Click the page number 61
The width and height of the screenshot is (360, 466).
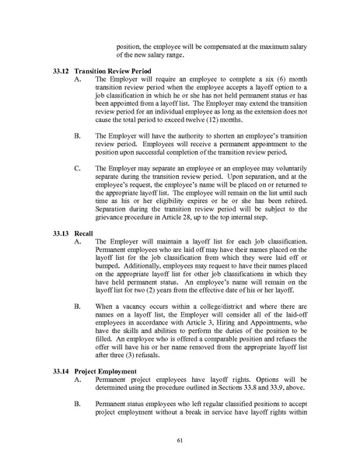tap(179, 441)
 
